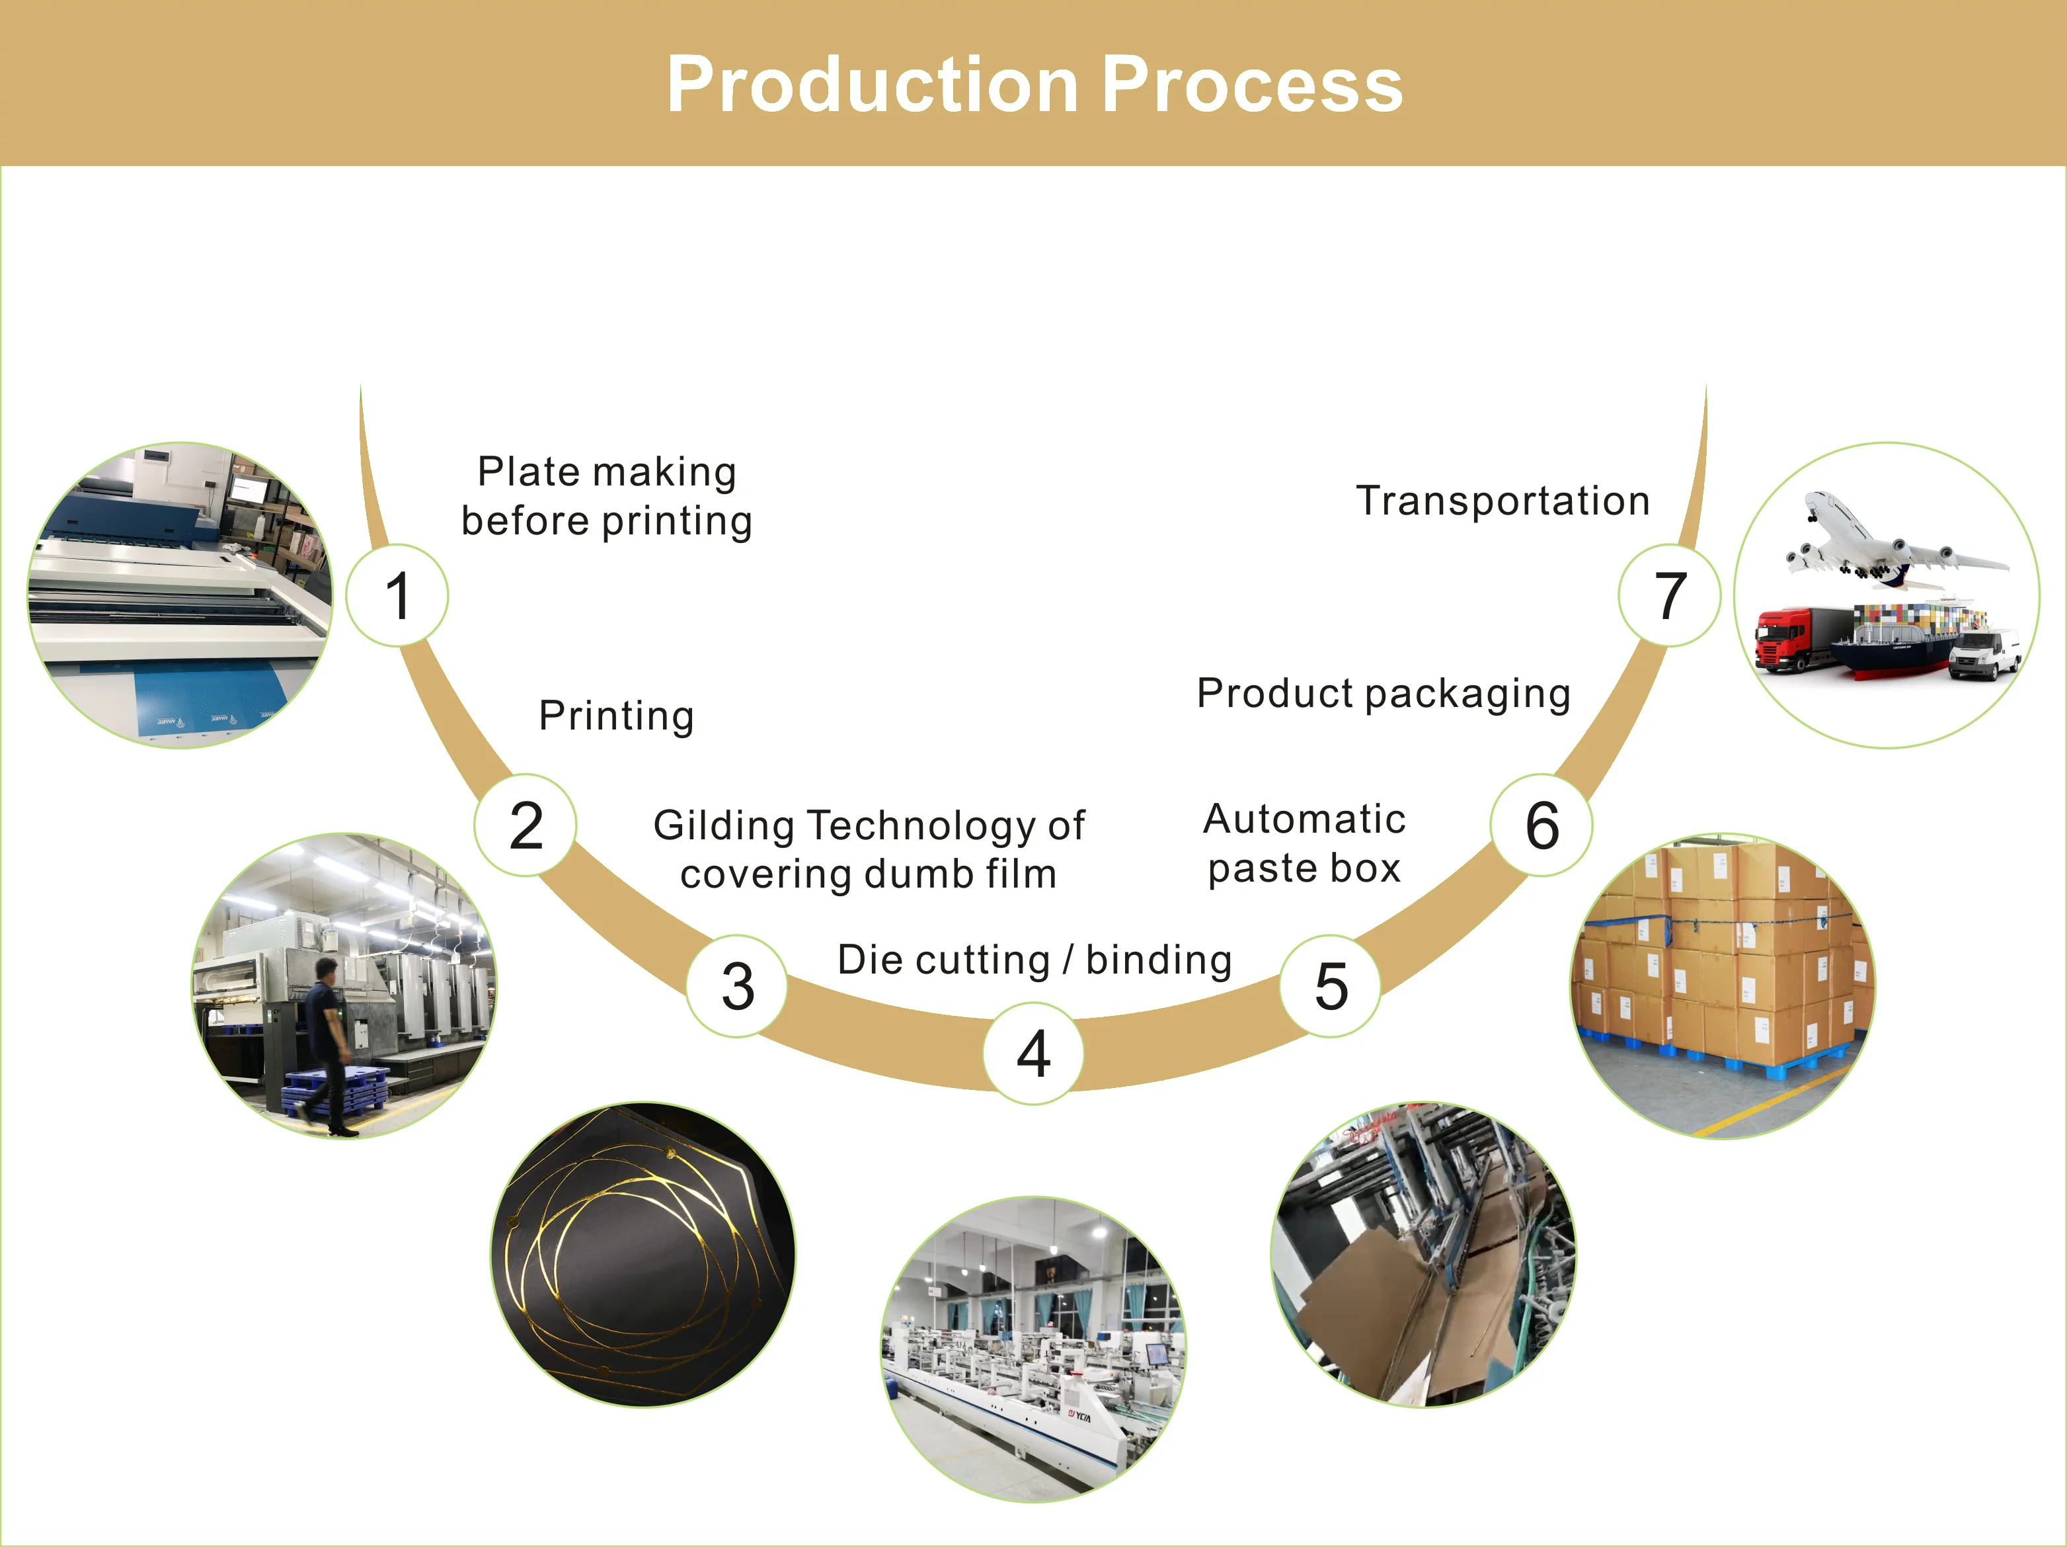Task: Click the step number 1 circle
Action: point(397,595)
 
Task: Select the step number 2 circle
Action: point(525,825)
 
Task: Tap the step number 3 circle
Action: point(737,986)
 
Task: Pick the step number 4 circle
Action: point(1034,1054)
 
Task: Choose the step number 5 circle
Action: point(1331,986)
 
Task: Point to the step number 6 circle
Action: point(1542,825)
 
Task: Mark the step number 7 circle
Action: point(1670,595)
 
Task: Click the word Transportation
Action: point(1502,501)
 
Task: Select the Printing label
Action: point(617,716)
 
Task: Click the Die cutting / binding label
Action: point(1034,960)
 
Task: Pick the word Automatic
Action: point(1304,819)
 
